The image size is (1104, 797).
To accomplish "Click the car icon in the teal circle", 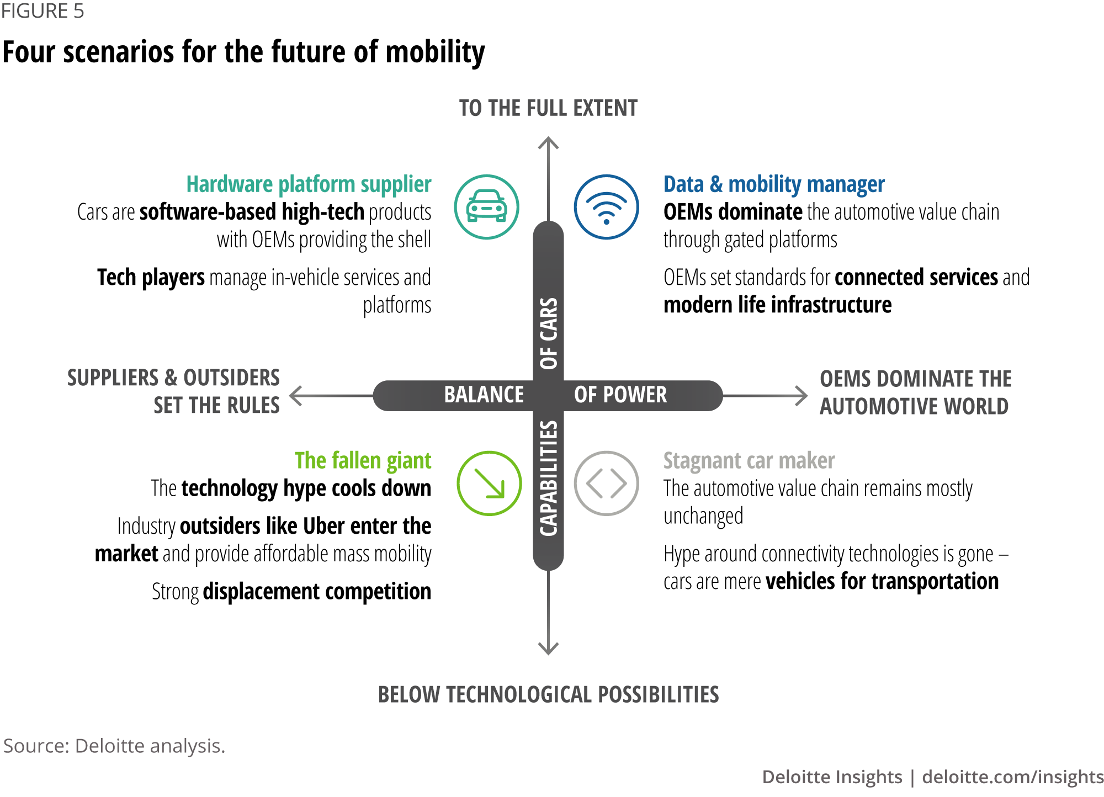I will tap(486, 207).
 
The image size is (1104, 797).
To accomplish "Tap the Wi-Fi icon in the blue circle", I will tap(606, 208).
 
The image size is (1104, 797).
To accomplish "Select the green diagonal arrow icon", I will tap(489, 483).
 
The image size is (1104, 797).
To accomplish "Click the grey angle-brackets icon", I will tap(606, 483).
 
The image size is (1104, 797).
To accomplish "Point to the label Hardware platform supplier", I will tap(309, 185).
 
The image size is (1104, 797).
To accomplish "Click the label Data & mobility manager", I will tap(774, 185).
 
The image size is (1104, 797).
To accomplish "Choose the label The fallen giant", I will tap(363, 461).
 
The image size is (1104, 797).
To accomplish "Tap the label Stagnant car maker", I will tap(749, 461).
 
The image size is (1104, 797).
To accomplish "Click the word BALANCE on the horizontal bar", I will tap(484, 395).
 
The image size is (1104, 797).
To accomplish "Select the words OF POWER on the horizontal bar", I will tap(620, 395).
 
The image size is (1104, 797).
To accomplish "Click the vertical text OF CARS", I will tap(549, 333).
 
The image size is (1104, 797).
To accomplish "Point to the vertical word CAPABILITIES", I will tap(549, 479).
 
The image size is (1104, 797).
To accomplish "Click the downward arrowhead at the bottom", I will tap(548, 650).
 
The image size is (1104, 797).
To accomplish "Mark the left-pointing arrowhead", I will tap(295, 396).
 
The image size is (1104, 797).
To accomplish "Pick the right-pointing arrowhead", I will tap(803, 396).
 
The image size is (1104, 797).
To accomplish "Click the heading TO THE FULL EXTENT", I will tap(548, 108).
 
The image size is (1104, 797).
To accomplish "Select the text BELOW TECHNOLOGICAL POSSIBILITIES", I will tap(548, 695).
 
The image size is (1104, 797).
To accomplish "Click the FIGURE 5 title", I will tap(43, 11).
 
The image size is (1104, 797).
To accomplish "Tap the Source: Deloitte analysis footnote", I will tap(114, 746).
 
